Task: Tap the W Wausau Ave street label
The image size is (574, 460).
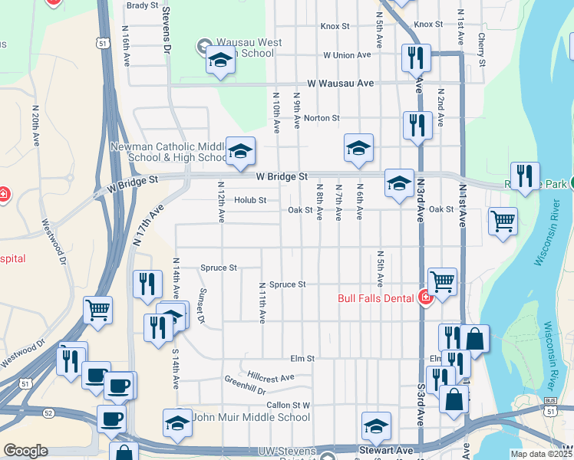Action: (340, 83)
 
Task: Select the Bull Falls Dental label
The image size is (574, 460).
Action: (377, 297)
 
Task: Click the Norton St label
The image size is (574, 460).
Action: (322, 118)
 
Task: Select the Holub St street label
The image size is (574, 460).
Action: (250, 201)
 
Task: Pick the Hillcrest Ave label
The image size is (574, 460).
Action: (271, 377)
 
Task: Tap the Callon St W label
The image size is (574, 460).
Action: (288, 405)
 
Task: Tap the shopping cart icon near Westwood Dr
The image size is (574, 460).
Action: (97, 310)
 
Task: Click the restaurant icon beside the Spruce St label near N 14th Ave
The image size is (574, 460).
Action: (147, 284)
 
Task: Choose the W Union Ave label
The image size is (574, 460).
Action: (347, 55)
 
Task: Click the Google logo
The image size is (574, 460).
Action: (25, 451)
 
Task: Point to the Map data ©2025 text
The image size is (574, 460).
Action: (540, 454)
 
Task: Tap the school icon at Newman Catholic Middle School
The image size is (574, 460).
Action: (240, 151)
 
